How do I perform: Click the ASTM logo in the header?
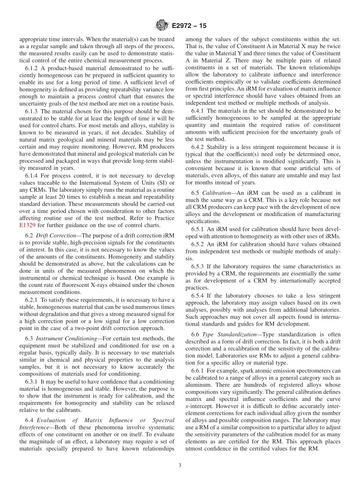162,26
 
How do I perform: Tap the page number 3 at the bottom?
180,466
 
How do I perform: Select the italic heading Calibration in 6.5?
216,193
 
